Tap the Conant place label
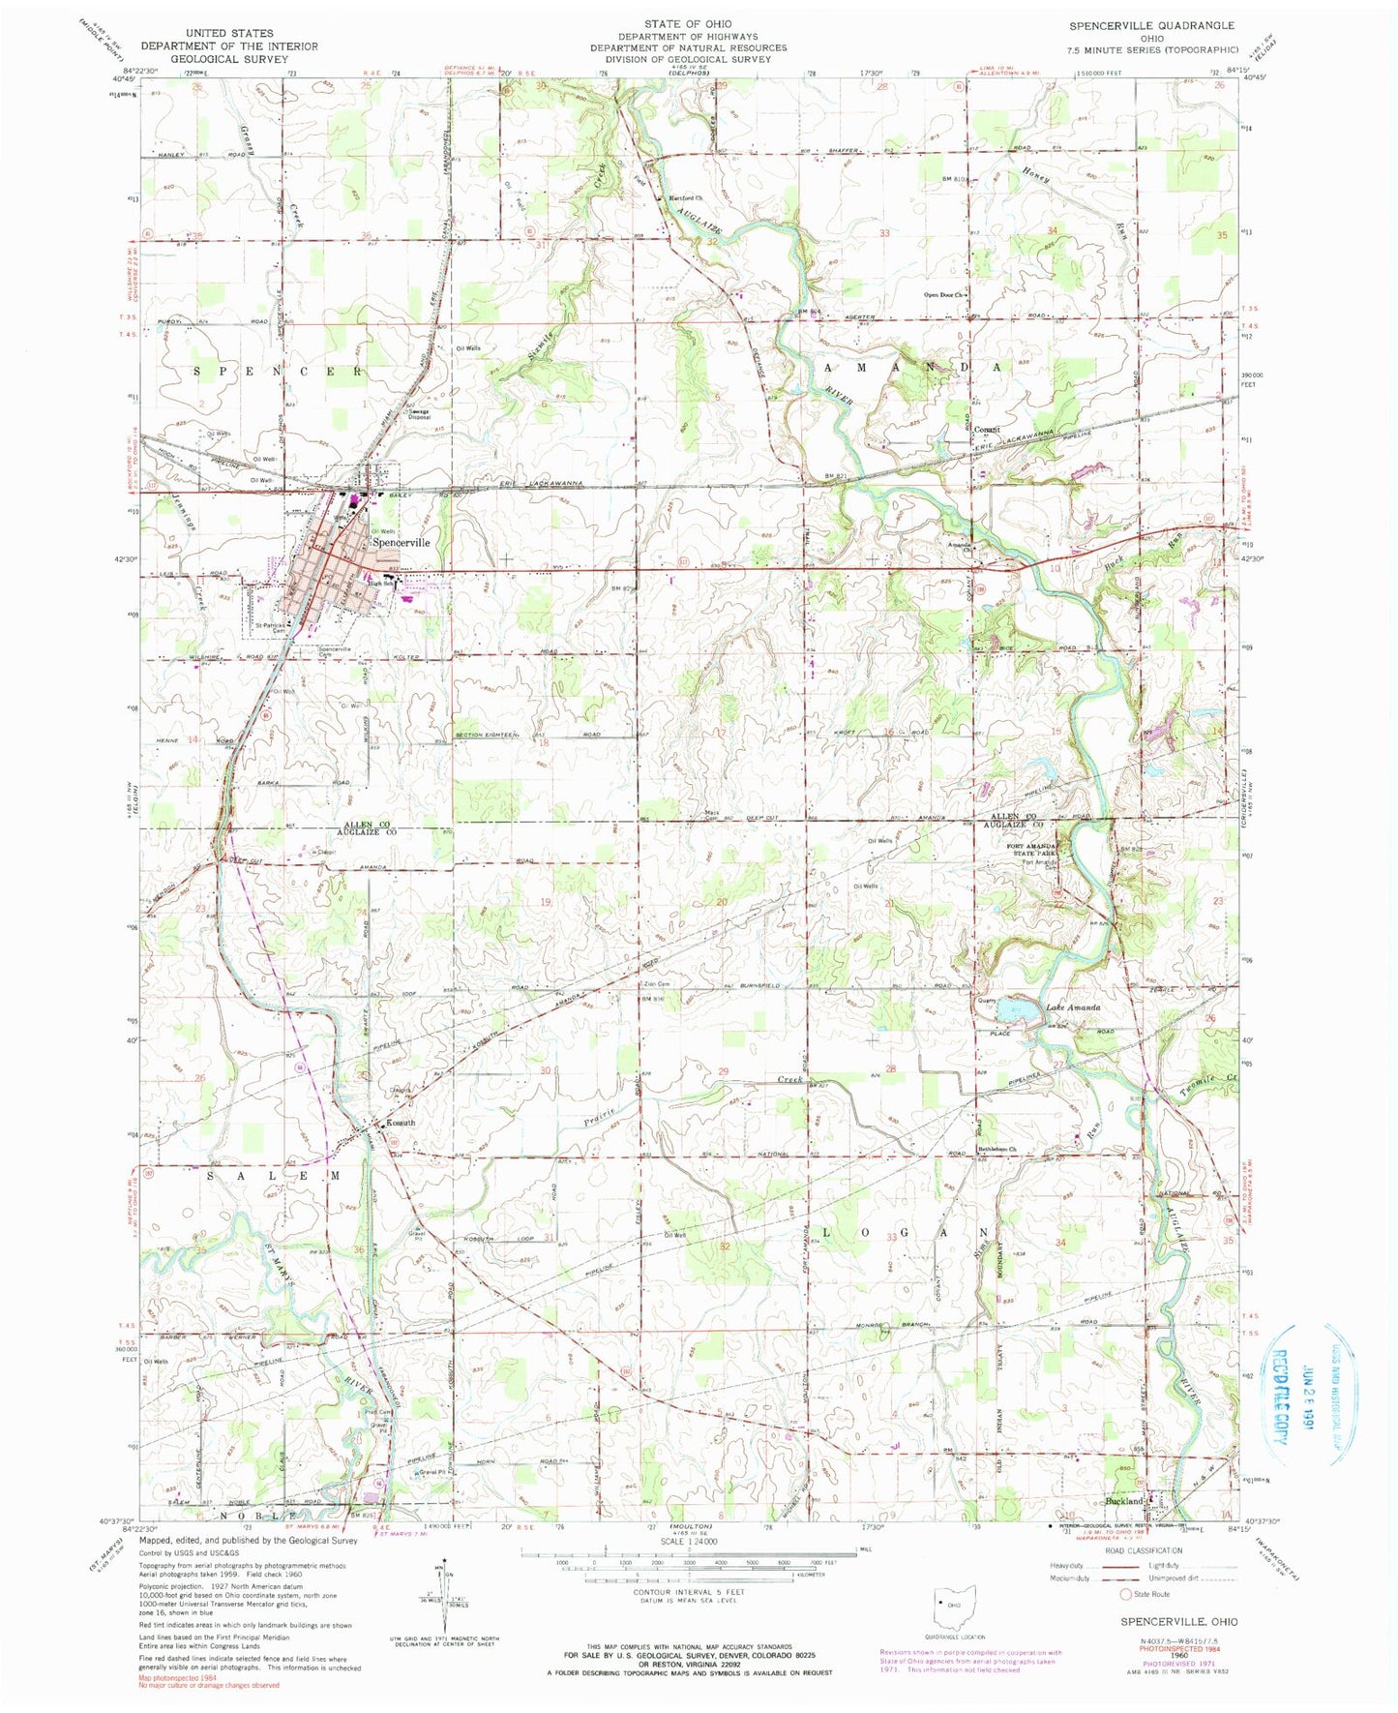point(985,430)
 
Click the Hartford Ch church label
point(688,197)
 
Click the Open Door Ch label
point(943,295)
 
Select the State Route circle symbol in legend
point(1124,1621)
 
